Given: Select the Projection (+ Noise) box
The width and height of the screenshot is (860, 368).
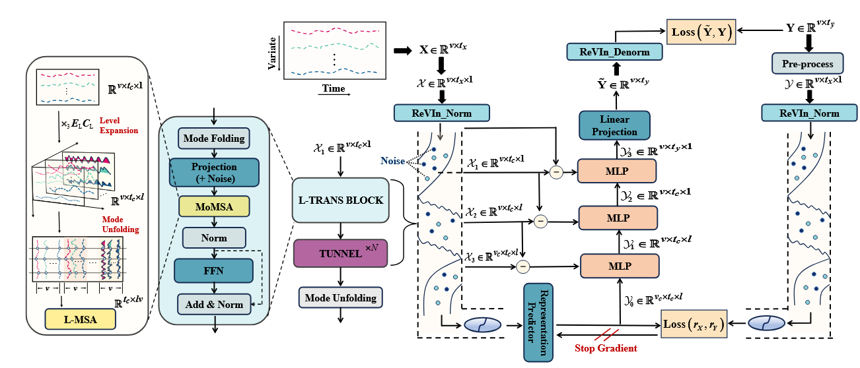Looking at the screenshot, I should (x=214, y=171).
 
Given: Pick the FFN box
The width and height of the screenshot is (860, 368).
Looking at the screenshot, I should (x=213, y=271).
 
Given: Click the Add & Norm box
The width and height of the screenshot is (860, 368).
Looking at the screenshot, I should (x=213, y=304).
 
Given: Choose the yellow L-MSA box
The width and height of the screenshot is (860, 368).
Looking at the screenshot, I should (x=80, y=319).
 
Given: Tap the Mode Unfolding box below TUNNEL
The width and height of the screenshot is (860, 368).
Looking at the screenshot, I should (x=340, y=297).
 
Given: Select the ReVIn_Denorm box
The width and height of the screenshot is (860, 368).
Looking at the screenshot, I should (x=609, y=52).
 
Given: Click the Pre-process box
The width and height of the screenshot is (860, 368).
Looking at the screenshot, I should (x=807, y=63).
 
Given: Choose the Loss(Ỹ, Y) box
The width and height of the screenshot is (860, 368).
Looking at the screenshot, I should (x=700, y=33).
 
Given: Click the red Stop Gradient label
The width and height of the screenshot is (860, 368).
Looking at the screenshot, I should (x=606, y=348).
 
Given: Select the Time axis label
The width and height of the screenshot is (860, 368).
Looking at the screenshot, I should (x=334, y=88).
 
